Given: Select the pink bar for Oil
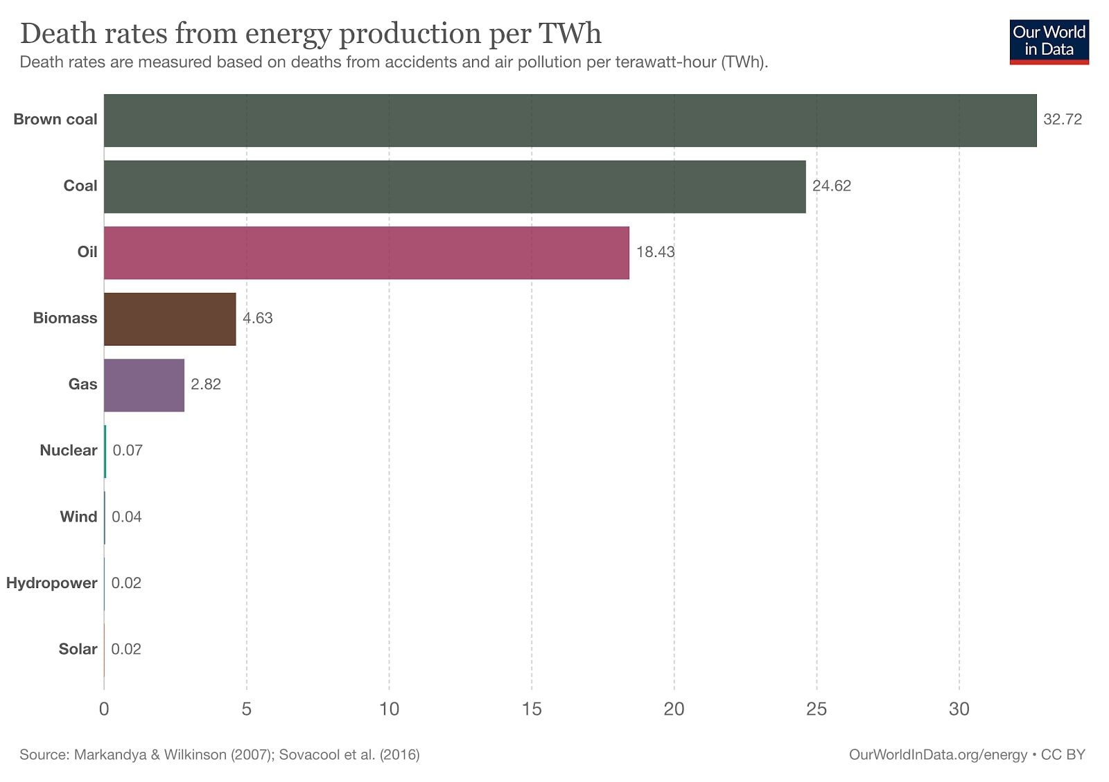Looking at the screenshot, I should click(x=366, y=253).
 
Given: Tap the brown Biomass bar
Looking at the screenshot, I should click(x=170, y=319).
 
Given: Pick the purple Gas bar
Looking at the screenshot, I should click(x=144, y=385).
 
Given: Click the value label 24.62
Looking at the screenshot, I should click(x=831, y=186).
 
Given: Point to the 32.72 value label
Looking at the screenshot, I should click(x=1062, y=119).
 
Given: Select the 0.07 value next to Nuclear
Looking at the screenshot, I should click(x=128, y=450).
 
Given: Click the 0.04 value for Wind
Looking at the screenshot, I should click(x=126, y=517).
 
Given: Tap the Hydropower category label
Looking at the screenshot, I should click(x=51, y=583).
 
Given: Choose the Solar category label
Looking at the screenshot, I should click(x=78, y=649).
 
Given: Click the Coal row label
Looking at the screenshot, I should click(x=80, y=186).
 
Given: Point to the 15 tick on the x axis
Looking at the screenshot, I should click(x=532, y=709).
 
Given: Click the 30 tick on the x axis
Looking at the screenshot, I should click(x=959, y=709).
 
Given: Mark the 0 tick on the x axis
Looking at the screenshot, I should click(x=104, y=709).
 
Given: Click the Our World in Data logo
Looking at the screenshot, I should click(x=1049, y=42).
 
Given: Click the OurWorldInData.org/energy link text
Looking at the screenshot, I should click(x=938, y=755).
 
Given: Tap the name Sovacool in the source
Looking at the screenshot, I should click(x=309, y=755).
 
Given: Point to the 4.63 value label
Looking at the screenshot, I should click(x=257, y=318).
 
